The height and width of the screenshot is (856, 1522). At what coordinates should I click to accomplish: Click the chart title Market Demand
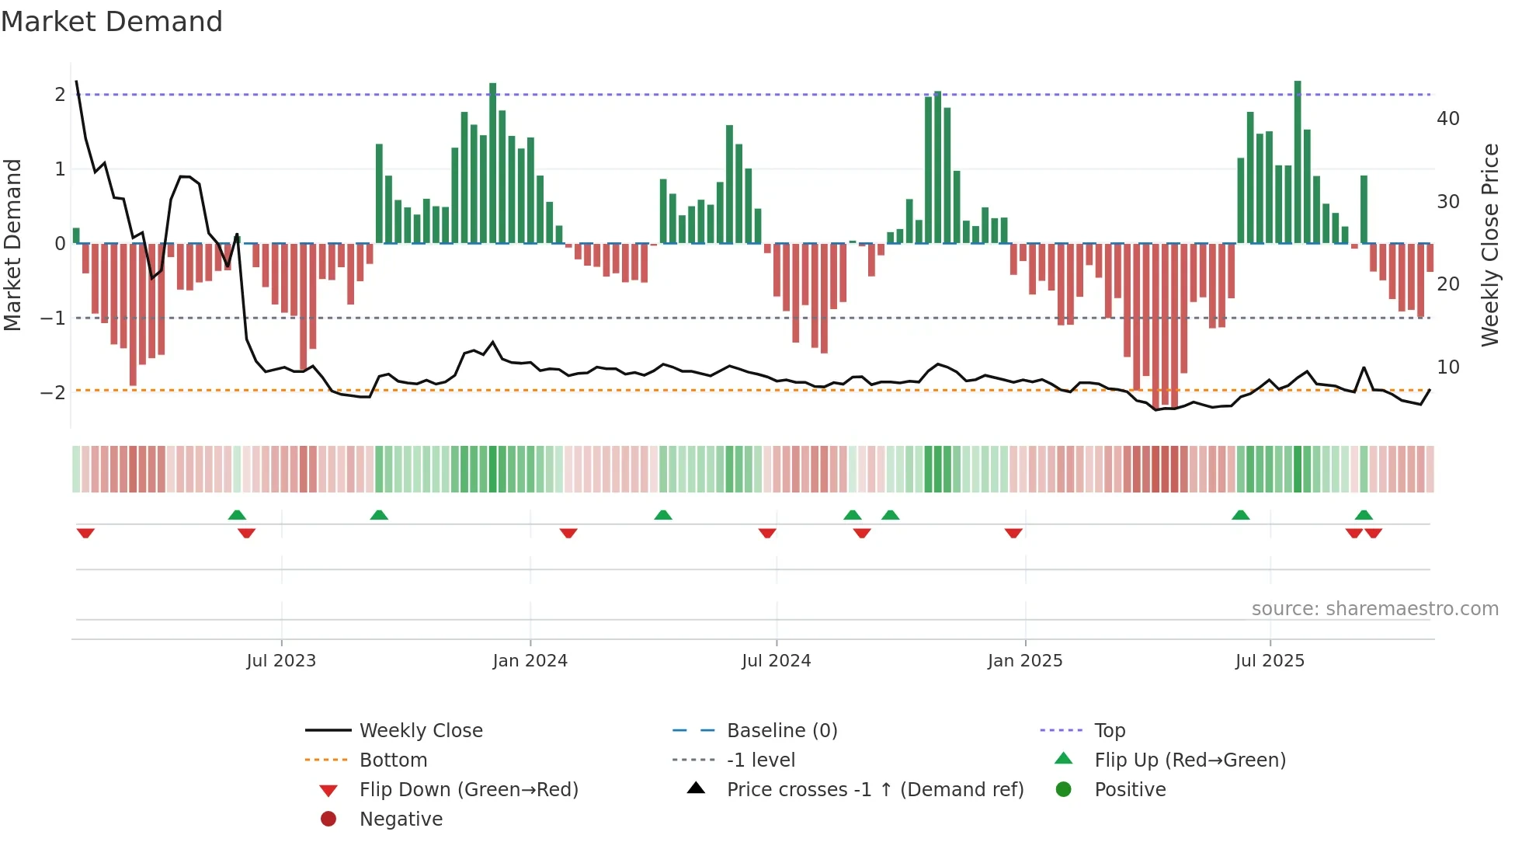tap(112, 22)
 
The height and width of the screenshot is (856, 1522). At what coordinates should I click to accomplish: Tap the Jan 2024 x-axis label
tap(530, 661)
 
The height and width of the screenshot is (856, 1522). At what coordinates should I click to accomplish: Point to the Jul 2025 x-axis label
tap(1270, 661)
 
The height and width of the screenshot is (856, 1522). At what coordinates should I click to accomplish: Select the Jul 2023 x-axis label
tap(281, 661)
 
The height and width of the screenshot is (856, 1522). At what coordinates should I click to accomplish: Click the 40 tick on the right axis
tap(1447, 119)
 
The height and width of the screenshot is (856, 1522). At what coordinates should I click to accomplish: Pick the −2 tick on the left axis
tap(53, 392)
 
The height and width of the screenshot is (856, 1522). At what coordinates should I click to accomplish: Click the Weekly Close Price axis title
tap(1489, 245)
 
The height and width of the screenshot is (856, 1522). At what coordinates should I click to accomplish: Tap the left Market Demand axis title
tap(12, 245)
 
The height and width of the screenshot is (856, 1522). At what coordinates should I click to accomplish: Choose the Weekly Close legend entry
tap(420, 731)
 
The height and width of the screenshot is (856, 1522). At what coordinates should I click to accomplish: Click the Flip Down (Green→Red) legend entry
tap(468, 790)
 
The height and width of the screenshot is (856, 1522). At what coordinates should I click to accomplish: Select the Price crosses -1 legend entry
tap(874, 790)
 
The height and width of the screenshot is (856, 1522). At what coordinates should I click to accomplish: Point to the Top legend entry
tap(1109, 731)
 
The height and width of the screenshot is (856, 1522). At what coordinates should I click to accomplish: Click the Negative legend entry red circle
tap(328, 819)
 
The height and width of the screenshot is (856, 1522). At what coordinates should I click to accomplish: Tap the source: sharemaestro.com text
tap(1374, 609)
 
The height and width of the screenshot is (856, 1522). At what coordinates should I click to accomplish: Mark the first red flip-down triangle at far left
tap(85, 533)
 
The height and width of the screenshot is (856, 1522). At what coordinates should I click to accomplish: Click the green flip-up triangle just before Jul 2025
tap(1240, 515)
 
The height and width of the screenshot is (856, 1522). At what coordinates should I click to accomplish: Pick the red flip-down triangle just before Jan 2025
tap(1013, 533)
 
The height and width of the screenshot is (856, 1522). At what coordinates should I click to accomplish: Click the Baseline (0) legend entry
tap(781, 731)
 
